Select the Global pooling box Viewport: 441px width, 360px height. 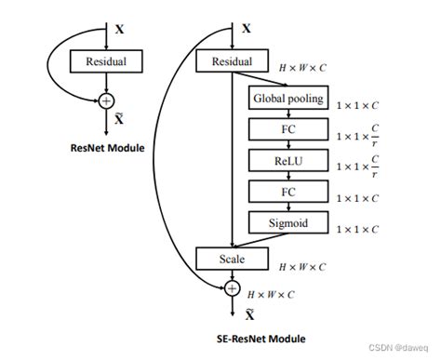[287, 97]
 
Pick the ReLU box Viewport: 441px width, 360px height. [287, 160]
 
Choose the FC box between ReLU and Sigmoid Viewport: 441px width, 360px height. [287, 192]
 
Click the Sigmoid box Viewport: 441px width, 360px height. [287, 222]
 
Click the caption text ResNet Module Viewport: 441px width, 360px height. [108, 147]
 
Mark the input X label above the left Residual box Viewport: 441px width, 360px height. [118, 30]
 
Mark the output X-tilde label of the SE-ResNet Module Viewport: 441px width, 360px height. [247, 314]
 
